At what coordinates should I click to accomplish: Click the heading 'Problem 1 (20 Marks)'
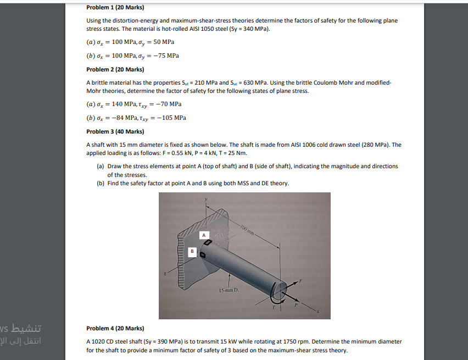coord(115,8)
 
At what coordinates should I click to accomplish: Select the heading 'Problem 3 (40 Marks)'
coord(115,132)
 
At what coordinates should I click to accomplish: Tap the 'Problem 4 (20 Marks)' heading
coord(115,328)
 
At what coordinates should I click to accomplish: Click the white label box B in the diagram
coord(192,252)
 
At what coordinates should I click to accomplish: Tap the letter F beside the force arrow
coord(300,281)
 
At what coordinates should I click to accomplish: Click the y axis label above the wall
coord(205,200)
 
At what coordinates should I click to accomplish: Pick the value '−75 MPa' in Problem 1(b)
coord(165,56)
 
